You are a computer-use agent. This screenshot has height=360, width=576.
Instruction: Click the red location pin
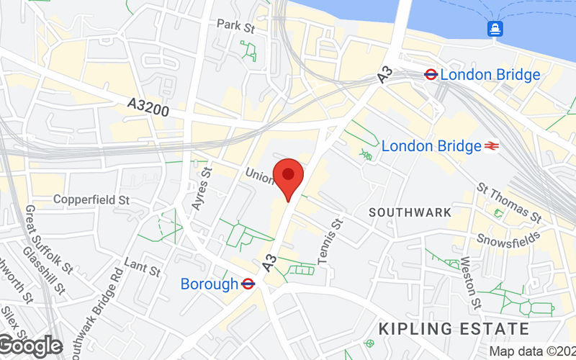coord(289,176)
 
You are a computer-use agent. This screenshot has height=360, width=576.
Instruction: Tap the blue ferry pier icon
coord(495,28)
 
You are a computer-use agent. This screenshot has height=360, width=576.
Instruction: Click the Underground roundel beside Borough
coord(248,284)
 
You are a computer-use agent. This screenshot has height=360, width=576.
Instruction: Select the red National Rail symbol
coord(492,146)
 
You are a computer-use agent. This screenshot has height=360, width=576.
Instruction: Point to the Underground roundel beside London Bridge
coord(431,74)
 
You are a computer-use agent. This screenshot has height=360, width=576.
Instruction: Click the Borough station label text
coord(209,284)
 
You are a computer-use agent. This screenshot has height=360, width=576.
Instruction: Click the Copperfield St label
coord(91,199)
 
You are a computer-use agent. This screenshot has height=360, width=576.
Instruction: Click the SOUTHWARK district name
coord(410,212)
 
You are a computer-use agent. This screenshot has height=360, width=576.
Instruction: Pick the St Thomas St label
coord(509,202)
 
